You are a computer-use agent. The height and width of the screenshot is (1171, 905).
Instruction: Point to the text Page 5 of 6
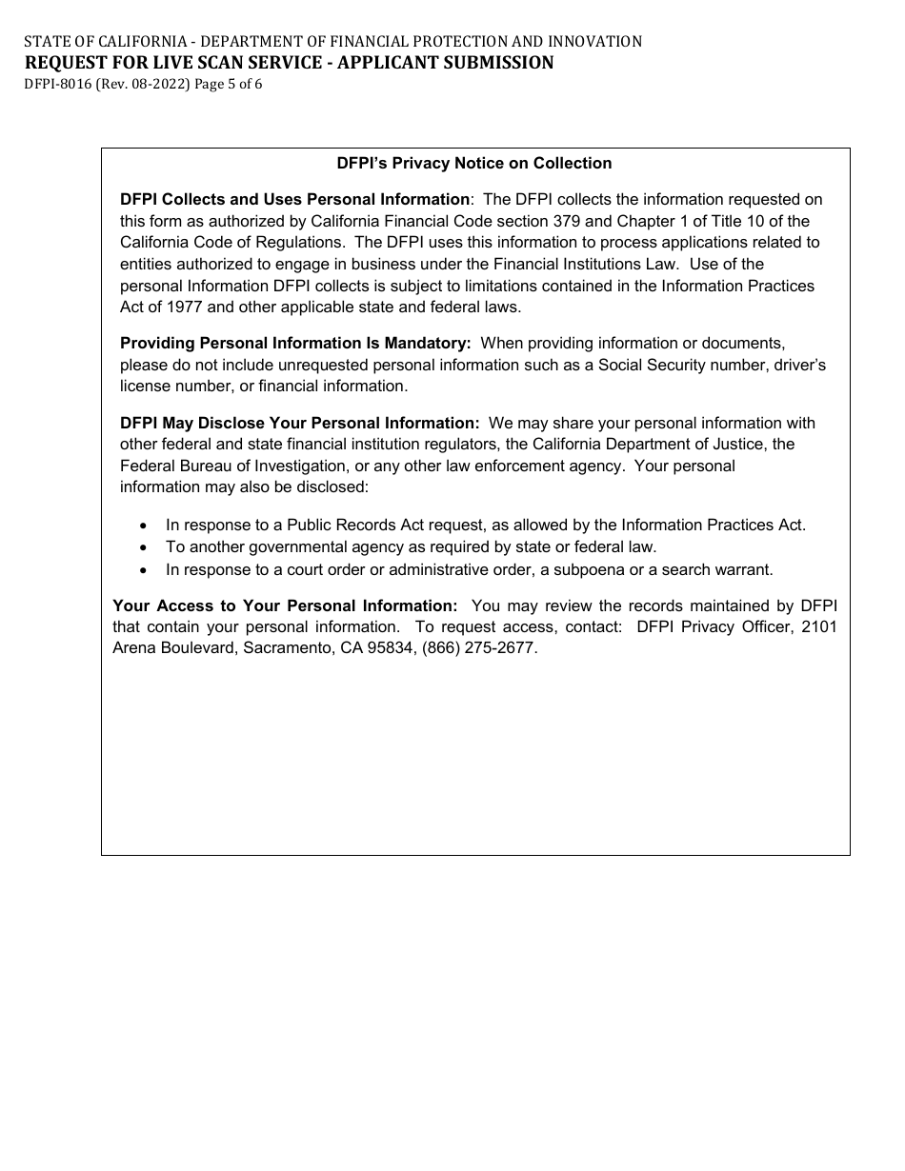[x=228, y=84]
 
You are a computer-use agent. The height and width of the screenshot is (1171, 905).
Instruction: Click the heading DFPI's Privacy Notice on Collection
[x=474, y=164]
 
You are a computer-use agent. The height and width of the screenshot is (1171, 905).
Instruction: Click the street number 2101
[x=820, y=626]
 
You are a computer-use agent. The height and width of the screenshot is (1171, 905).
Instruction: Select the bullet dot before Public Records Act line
[x=144, y=526]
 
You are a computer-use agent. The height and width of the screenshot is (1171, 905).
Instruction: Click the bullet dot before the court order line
[x=144, y=570]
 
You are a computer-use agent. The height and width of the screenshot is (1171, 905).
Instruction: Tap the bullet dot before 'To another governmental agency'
[x=144, y=547]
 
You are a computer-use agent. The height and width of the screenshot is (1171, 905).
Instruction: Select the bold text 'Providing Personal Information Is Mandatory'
[x=295, y=343]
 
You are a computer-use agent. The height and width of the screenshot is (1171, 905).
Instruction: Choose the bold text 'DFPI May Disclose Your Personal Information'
[x=300, y=423]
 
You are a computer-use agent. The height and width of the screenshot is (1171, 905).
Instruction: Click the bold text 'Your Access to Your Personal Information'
[x=285, y=605]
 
